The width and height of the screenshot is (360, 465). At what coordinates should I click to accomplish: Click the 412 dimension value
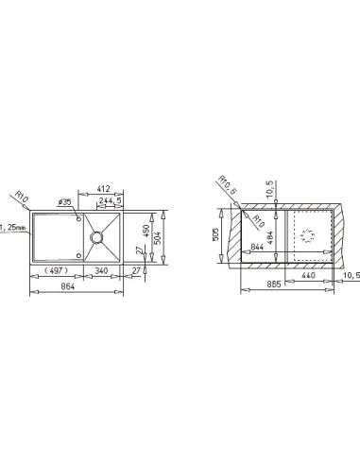point(103,189)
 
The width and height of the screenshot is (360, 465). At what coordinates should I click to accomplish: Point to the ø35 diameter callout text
point(65,202)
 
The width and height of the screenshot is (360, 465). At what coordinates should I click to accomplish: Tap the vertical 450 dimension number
point(146,231)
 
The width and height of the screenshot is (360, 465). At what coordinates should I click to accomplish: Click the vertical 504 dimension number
point(158,238)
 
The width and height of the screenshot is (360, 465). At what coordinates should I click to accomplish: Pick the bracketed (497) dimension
point(56,270)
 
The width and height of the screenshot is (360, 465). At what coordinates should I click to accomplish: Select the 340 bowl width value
point(101,270)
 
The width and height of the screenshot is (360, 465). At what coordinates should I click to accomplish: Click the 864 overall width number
point(68,286)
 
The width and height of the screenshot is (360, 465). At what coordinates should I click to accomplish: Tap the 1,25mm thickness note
point(13,227)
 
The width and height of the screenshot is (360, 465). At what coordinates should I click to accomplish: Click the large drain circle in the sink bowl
point(95,237)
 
